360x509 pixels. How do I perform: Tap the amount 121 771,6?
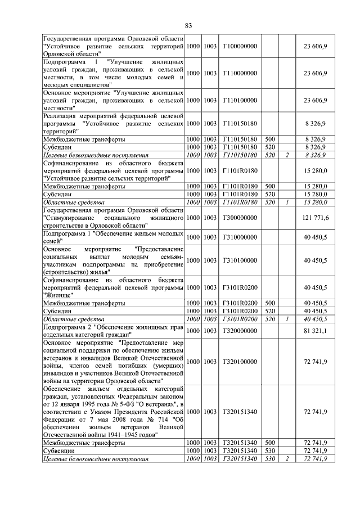pyautogui.click(x=316, y=217)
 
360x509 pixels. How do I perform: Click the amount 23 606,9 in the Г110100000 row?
pyautogui.click(x=316, y=100)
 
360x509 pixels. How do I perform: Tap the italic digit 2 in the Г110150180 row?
pyautogui.click(x=287, y=155)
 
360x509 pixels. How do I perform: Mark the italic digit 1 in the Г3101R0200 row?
pyautogui.click(x=287, y=319)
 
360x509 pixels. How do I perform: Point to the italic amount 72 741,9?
pyautogui.click(x=316, y=459)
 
